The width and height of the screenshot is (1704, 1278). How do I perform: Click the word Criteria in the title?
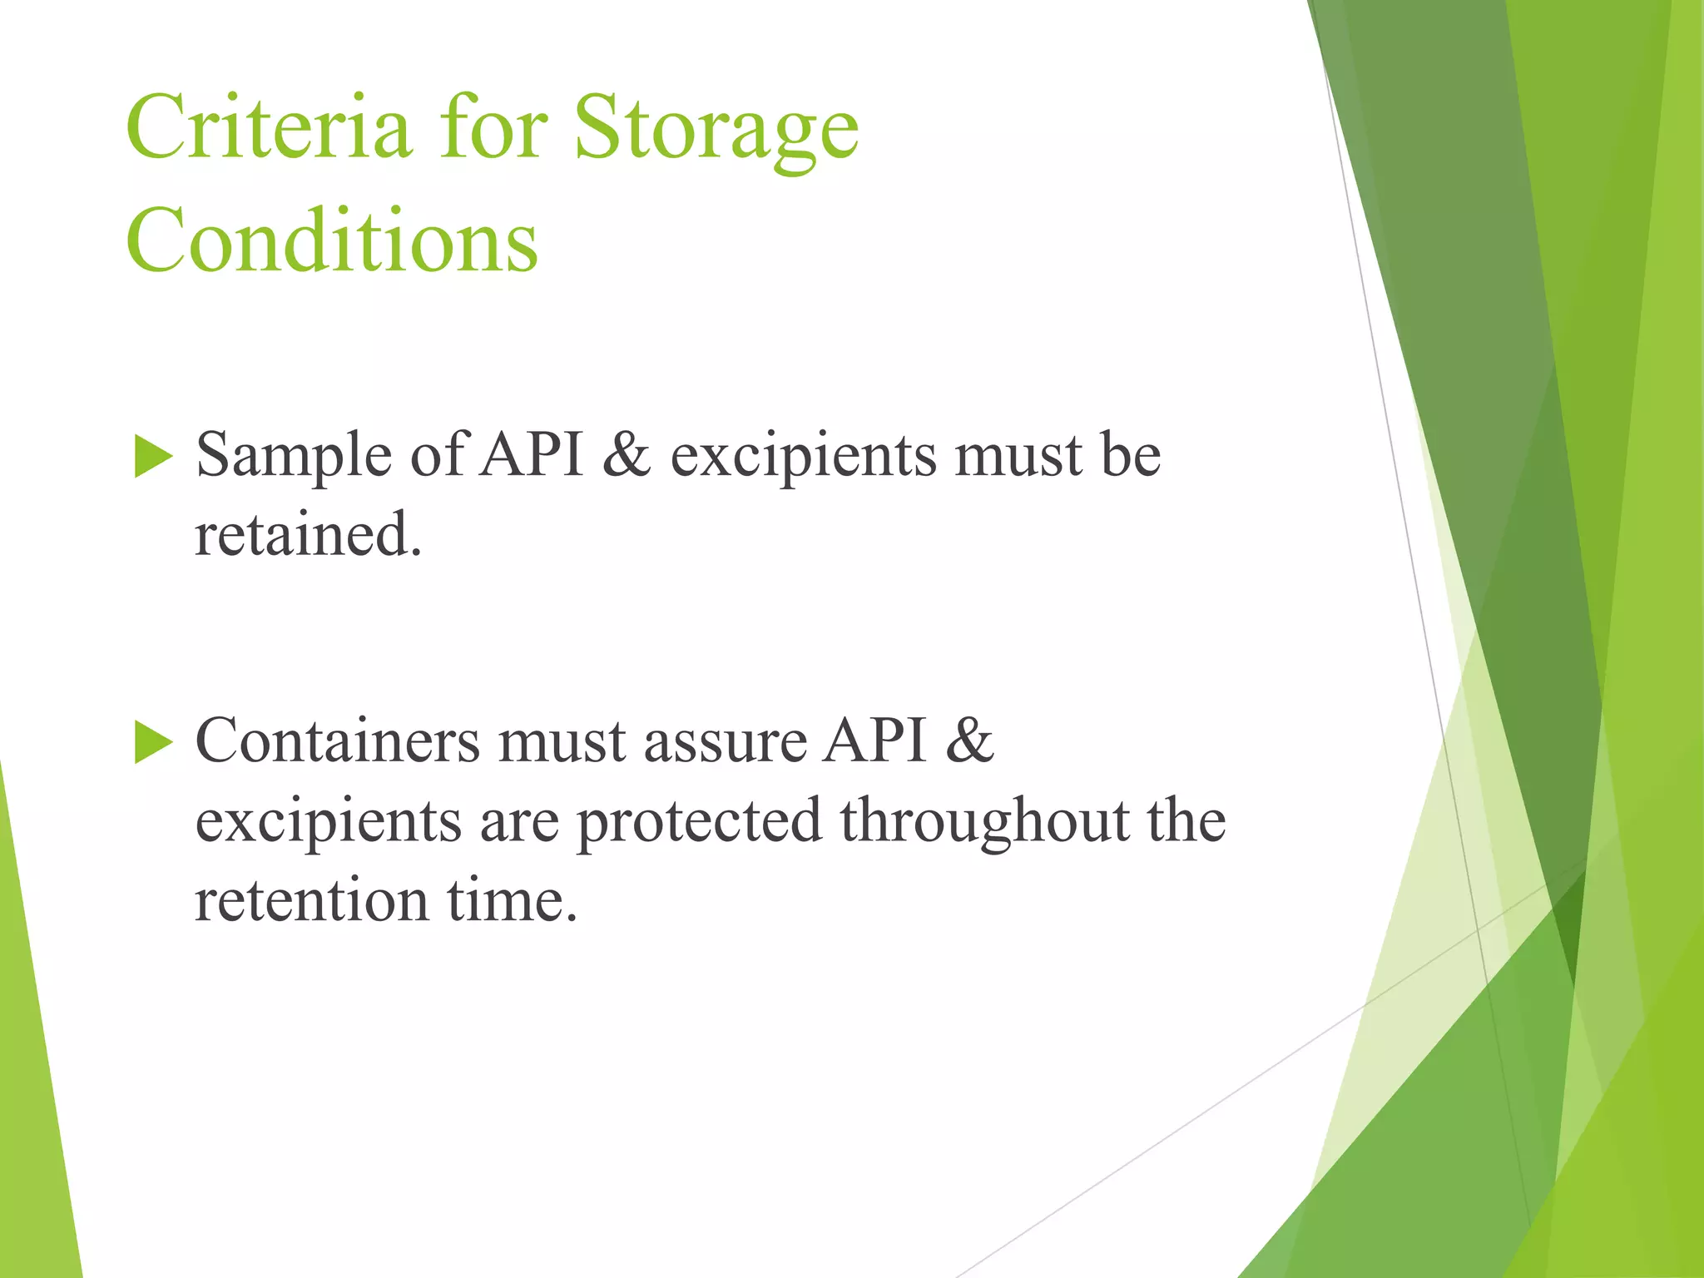(268, 127)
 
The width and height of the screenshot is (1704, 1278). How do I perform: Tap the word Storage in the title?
(716, 127)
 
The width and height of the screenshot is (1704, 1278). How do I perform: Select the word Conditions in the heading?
(332, 240)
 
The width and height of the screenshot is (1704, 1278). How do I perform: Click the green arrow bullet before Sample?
(152, 457)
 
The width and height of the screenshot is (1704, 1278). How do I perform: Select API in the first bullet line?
(533, 456)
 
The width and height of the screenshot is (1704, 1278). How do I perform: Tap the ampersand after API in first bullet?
(626, 456)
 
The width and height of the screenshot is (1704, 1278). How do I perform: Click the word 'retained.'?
(309, 535)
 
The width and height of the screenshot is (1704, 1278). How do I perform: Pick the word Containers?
(337, 741)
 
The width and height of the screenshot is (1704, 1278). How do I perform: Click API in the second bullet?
(874, 741)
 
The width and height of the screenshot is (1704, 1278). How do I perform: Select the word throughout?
(984, 822)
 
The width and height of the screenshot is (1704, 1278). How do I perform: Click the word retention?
(311, 901)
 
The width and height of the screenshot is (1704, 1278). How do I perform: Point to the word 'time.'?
(512, 901)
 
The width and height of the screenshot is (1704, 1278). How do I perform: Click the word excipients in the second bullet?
(328, 822)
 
